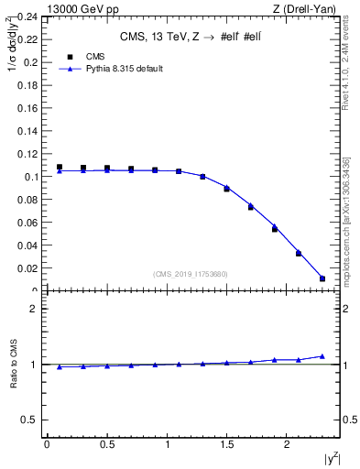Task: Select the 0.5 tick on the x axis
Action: point(106,445)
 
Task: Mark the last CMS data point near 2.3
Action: point(322,278)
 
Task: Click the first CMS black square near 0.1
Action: point(60,168)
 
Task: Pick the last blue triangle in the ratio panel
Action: point(322,356)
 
